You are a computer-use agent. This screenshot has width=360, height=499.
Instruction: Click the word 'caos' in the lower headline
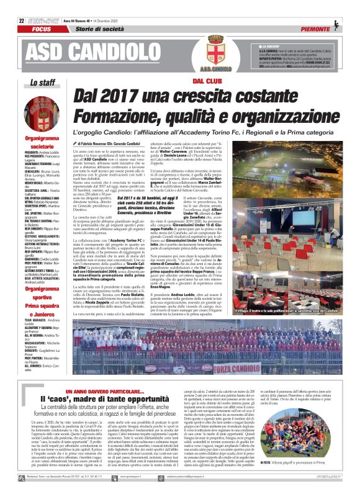(58, 381)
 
